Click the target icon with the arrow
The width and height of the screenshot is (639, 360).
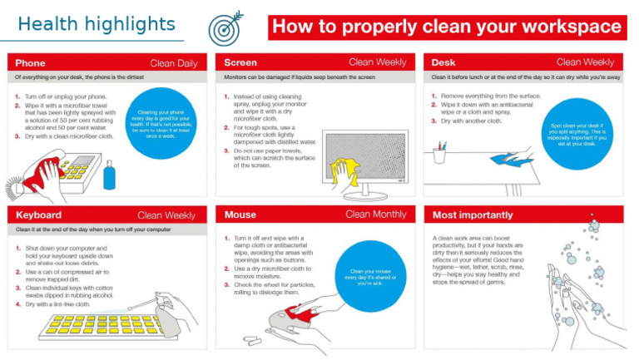[225, 27]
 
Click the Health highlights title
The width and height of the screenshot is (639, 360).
[97, 23]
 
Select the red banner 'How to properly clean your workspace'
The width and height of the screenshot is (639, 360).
[447, 27]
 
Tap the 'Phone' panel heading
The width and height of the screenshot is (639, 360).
[30, 62]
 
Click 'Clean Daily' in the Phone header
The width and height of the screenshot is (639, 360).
[174, 62]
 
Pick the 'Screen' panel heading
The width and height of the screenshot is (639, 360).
[240, 62]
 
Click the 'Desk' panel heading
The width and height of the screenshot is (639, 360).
[446, 62]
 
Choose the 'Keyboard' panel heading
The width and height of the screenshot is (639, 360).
[38, 215]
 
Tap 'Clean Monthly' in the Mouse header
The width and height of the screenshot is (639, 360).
[376, 215]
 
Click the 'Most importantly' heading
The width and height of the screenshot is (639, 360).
[472, 215]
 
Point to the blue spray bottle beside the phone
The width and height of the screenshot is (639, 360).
[109, 175]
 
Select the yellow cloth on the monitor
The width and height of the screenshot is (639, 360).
[344, 170]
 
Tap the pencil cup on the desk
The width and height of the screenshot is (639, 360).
[439, 154]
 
